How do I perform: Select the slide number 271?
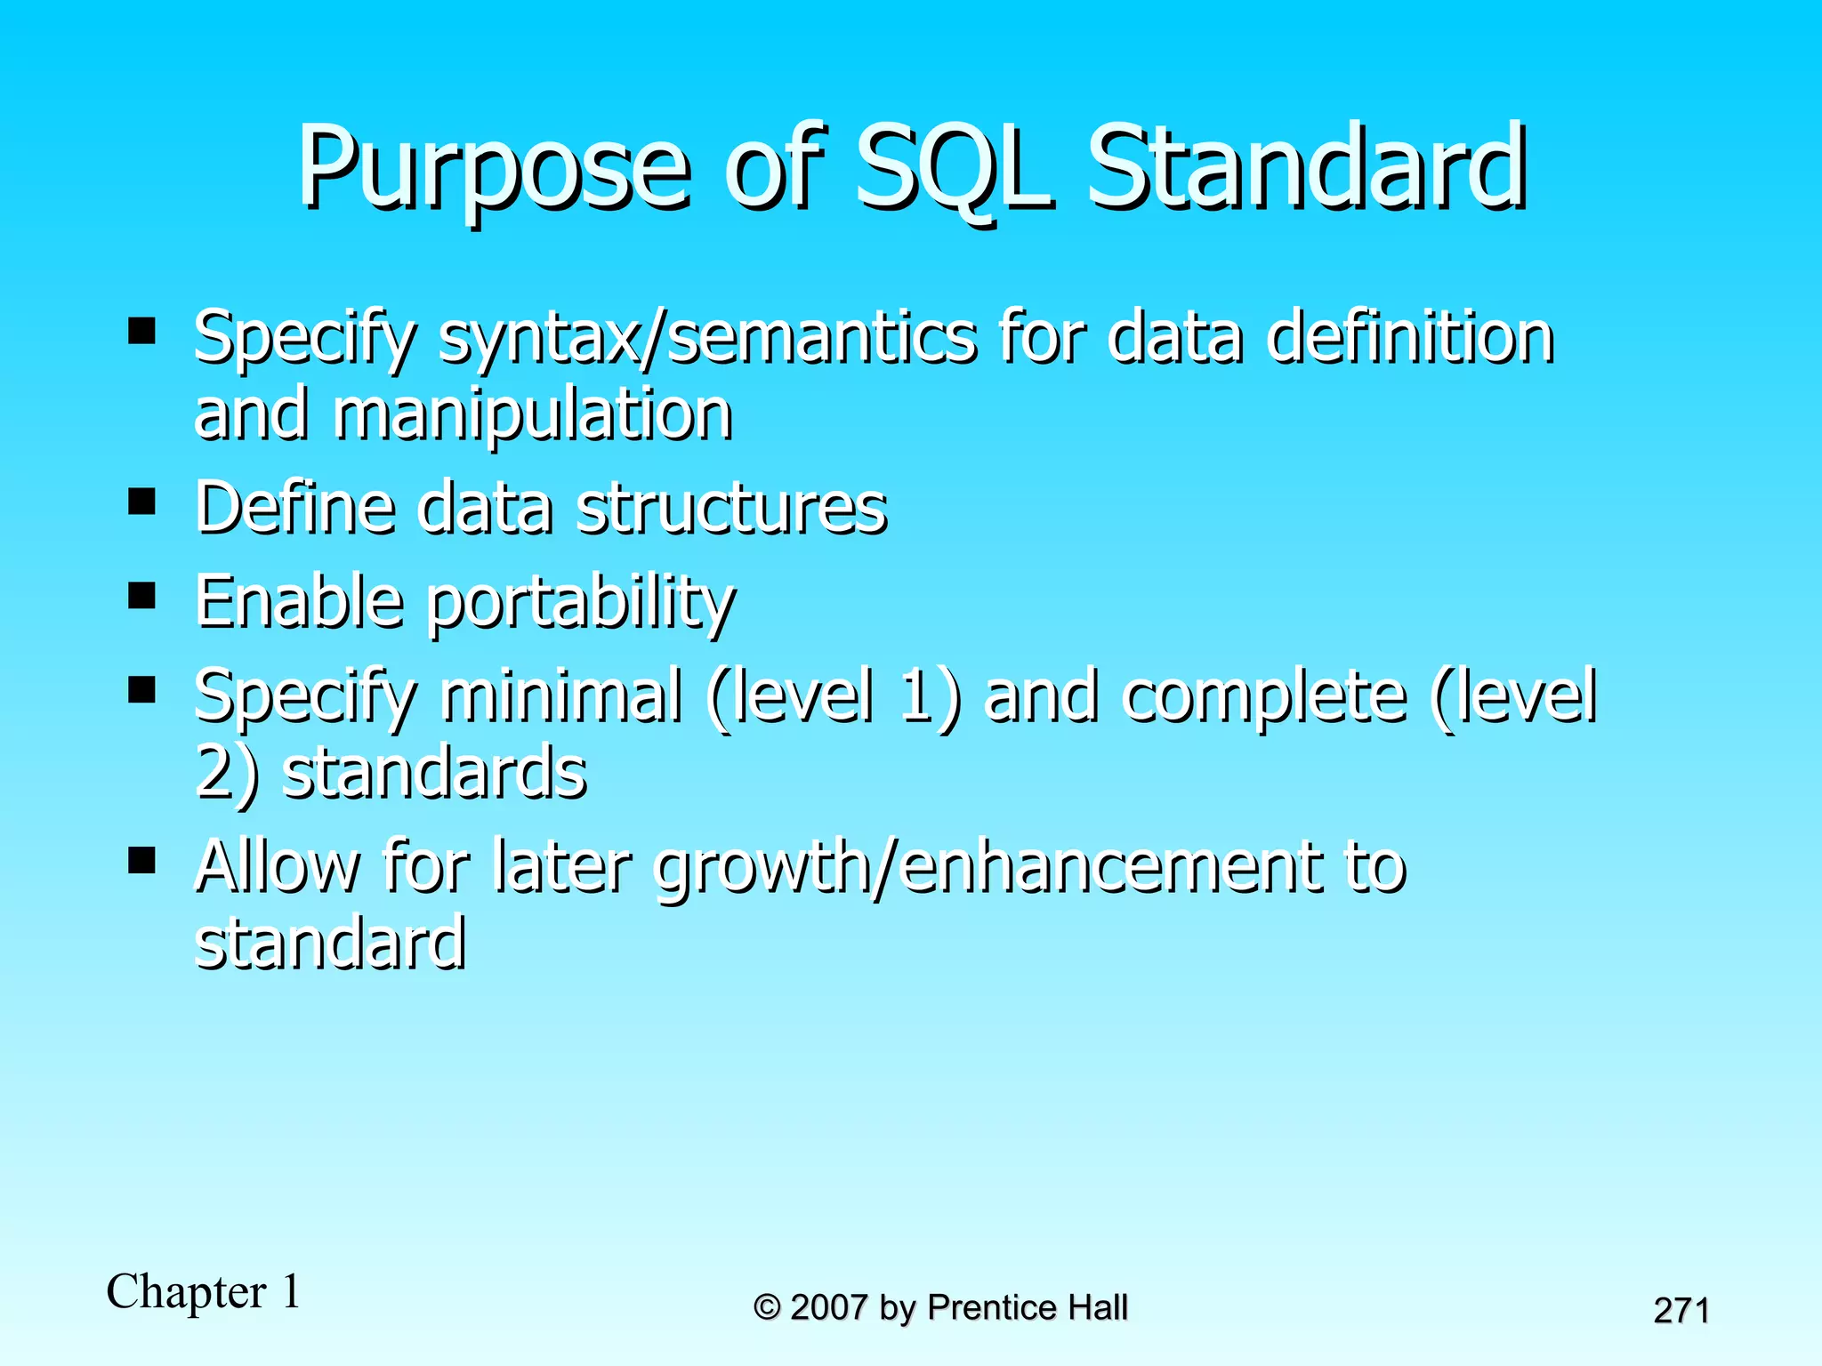[x=1681, y=1311]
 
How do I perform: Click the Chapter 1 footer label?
[x=204, y=1291]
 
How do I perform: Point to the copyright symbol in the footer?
[x=767, y=1308]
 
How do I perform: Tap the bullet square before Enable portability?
[x=141, y=594]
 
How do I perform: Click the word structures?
[x=731, y=509]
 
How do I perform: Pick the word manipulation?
[x=533, y=415]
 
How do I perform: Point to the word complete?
[x=1263, y=695]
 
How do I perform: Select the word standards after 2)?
[x=434, y=772]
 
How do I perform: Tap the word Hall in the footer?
[x=1097, y=1308]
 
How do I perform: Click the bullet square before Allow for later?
[x=141, y=860]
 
